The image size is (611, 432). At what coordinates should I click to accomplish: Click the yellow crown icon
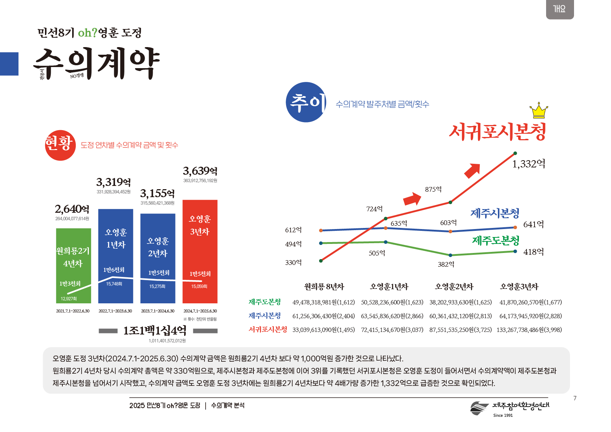click(539, 111)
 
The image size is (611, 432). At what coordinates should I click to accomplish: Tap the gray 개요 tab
click(560, 9)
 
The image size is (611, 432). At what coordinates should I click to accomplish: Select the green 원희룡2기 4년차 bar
click(74, 265)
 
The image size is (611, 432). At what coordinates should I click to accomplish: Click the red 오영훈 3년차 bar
click(200, 251)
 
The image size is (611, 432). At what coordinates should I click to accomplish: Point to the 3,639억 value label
click(200, 171)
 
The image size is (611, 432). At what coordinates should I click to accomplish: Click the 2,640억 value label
click(72, 209)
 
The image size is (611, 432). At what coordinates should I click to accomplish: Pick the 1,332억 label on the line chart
click(528, 164)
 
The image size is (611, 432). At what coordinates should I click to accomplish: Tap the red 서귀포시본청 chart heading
click(497, 132)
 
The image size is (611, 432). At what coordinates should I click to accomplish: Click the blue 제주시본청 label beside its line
click(495, 213)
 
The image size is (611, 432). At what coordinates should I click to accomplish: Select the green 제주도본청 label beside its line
click(495, 240)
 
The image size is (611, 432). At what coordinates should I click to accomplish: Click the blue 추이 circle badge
click(306, 102)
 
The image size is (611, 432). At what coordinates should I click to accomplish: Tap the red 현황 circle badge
click(60, 145)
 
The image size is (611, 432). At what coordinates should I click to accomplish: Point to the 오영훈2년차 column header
click(454, 287)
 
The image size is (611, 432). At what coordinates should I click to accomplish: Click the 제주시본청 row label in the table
click(265, 316)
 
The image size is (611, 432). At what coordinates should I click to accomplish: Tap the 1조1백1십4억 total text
click(155, 331)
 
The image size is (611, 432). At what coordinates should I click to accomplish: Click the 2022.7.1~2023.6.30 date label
click(115, 311)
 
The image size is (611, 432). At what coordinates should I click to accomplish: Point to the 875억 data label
click(433, 189)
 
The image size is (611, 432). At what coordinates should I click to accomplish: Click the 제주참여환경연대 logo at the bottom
click(509, 408)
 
